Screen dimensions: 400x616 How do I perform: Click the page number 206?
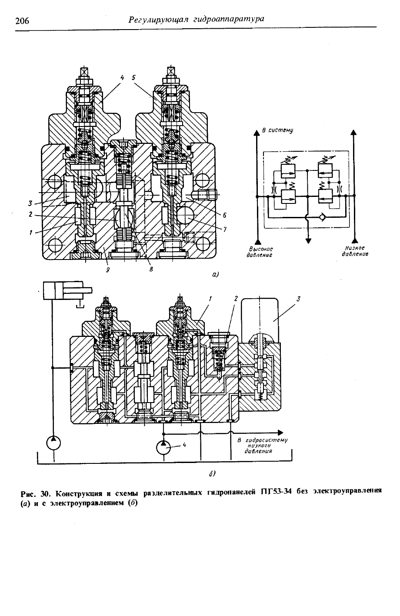coord(22,21)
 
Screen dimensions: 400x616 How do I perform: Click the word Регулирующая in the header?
coord(158,20)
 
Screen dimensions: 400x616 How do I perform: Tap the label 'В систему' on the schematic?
coord(277,130)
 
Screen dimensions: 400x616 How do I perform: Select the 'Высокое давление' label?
coord(260,252)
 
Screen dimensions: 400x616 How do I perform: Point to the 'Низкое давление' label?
coord(355,251)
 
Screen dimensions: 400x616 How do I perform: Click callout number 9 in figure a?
coord(107,270)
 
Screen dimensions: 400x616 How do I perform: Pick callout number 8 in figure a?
coord(151,270)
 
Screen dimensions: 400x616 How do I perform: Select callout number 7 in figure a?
coord(225,229)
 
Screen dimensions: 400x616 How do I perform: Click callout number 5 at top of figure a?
coord(133,78)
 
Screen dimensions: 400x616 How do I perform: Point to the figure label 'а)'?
coord(215,274)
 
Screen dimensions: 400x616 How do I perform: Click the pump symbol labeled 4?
coord(163,447)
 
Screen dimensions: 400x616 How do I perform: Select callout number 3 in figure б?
coord(299,299)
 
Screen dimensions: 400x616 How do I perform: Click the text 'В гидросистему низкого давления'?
coord(262,446)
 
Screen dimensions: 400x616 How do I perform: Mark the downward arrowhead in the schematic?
coord(308,241)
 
